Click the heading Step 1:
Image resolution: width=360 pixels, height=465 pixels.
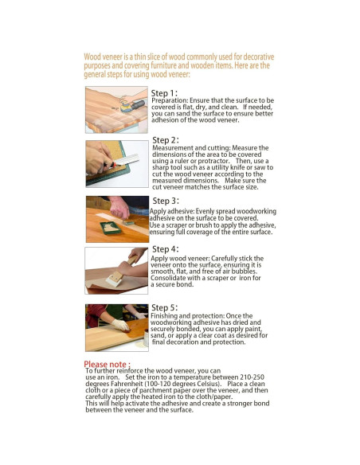164,93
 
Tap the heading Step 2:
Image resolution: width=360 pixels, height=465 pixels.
166,140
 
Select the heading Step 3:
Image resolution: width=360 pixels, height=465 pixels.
166,201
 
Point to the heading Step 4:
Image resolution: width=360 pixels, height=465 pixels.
165,249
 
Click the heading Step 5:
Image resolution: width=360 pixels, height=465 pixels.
164,307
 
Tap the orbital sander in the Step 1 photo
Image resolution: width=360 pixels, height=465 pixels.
132,106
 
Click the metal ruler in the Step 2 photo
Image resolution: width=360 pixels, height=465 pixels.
126,160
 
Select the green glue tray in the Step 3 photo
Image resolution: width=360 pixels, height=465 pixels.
111,228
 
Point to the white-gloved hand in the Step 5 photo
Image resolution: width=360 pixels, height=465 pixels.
120,325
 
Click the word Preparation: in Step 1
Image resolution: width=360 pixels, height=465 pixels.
170,100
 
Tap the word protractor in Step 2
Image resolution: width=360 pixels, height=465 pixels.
213,161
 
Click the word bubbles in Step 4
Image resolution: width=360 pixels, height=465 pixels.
244,272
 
